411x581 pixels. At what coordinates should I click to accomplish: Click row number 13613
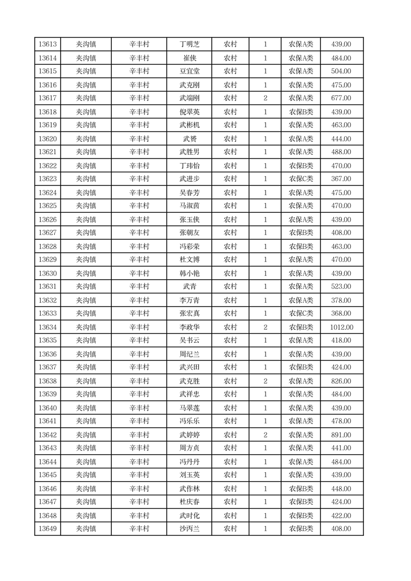click(x=48, y=45)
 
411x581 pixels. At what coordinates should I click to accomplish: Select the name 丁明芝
click(x=189, y=45)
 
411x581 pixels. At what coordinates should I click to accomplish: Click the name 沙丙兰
click(x=189, y=529)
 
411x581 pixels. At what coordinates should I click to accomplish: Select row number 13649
click(x=48, y=529)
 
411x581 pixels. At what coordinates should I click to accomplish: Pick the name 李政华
click(x=189, y=327)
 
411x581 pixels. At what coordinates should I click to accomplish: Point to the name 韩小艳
click(x=189, y=273)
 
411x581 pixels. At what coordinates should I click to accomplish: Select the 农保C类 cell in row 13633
click(x=301, y=313)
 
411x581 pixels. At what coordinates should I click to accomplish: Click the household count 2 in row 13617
click(x=266, y=98)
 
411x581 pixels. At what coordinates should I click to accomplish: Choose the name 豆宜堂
click(x=189, y=71)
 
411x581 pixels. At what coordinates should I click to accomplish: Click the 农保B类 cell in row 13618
click(x=301, y=112)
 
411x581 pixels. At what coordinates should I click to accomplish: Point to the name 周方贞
click(x=189, y=448)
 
